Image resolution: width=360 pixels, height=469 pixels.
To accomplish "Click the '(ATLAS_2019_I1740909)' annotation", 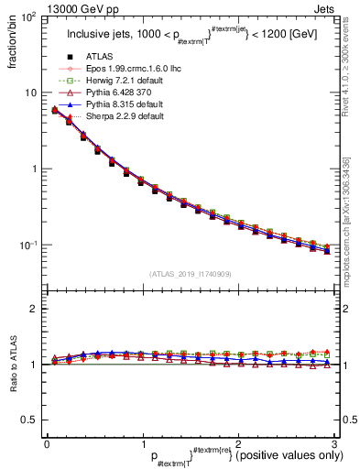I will (x=190, y=274).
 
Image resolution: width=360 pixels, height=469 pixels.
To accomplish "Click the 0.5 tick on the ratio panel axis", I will (x=28, y=420).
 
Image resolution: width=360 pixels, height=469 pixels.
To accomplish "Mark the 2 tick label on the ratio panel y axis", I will (x=32, y=309).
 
